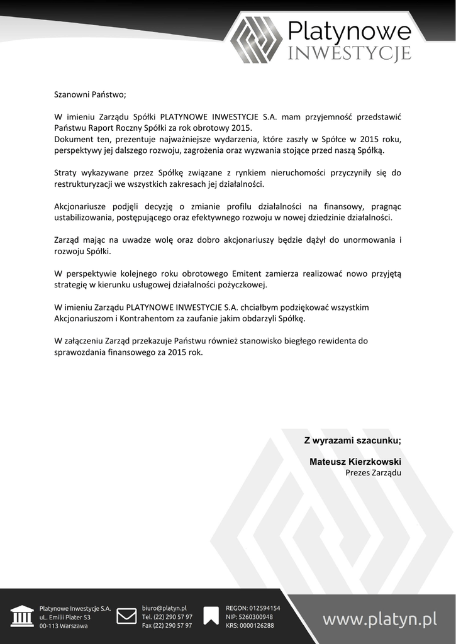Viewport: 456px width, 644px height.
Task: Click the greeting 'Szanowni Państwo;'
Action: (x=90, y=95)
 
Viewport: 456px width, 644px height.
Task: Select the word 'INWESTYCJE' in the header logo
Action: (x=349, y=53)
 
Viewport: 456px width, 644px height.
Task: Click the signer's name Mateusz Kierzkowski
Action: (x=355, y=462)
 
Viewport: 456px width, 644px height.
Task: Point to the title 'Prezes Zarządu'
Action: (x=373, y=473)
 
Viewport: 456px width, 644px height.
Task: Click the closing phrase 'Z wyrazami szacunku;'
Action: (x=352, y=440)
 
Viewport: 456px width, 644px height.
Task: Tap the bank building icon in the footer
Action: (x=22, y=616)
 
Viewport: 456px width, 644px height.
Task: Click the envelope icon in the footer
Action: (x=126, y=616)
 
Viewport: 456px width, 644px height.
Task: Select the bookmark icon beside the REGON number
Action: (x=211, y=616)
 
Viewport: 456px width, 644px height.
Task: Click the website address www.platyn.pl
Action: (x=379, y=619)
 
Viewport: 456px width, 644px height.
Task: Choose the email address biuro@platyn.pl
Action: (x=164, y=608)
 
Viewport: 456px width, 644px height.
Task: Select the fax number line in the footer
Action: (x=167, y=626)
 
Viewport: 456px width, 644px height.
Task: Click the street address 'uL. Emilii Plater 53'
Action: (x=65, y=617)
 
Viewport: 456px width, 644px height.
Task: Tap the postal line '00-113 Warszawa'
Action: (x=64, y=626)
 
